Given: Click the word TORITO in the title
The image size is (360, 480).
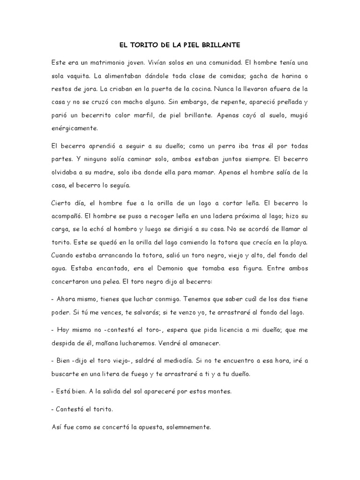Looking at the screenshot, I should (145, 45).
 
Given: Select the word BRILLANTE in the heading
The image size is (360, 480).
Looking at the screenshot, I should (221, 45).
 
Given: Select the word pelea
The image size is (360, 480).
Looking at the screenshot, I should (134, 282).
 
